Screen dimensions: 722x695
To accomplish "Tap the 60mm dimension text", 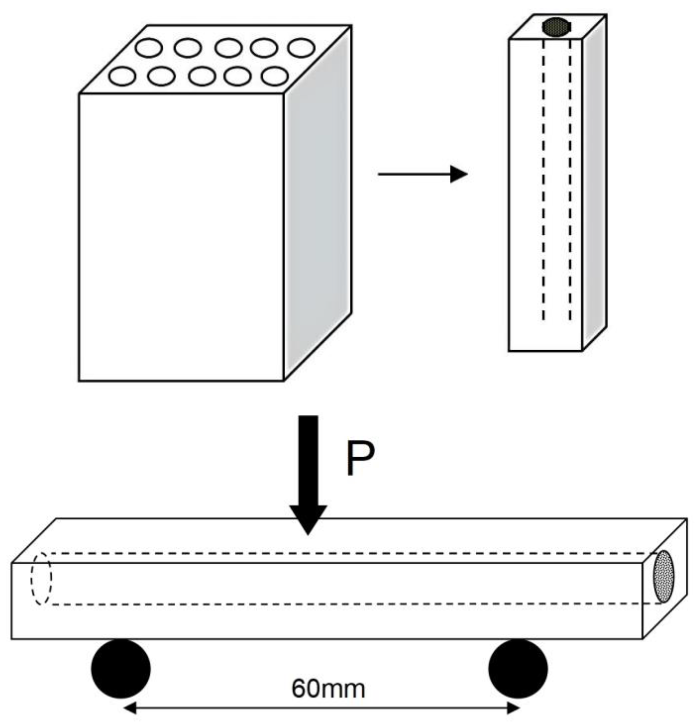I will [x=328, y=688].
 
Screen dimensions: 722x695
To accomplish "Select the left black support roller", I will [x=121, y=669].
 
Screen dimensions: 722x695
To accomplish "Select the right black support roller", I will [x=518, y=669].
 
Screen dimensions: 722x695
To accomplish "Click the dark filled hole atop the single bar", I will [x=556, y=27].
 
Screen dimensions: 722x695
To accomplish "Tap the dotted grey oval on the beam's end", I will [x=663, y=581].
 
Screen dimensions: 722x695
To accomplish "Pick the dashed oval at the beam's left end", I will [x=41, y=578].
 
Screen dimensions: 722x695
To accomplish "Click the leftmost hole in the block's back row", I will [x=149, y=48].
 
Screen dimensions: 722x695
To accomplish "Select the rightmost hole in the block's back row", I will [x=301, y=48].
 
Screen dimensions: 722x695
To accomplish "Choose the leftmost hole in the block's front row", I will [x=122, y=77].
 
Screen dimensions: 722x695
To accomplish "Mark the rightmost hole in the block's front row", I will [x=275, y=77].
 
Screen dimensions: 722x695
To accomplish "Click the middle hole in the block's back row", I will [x=229, y=48].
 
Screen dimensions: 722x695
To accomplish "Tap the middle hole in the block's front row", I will [x=202, y=77].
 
